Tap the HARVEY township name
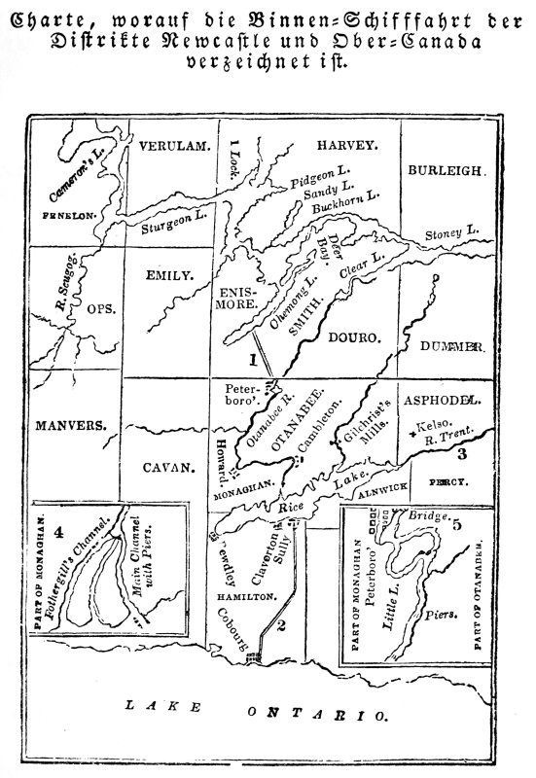point(347,145)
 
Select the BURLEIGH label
point(445,170)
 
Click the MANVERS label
point(70,425)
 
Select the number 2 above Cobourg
point(281,625)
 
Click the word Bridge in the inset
point(427,515)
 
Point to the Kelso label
point(434,425)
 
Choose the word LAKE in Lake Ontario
point(155,706)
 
